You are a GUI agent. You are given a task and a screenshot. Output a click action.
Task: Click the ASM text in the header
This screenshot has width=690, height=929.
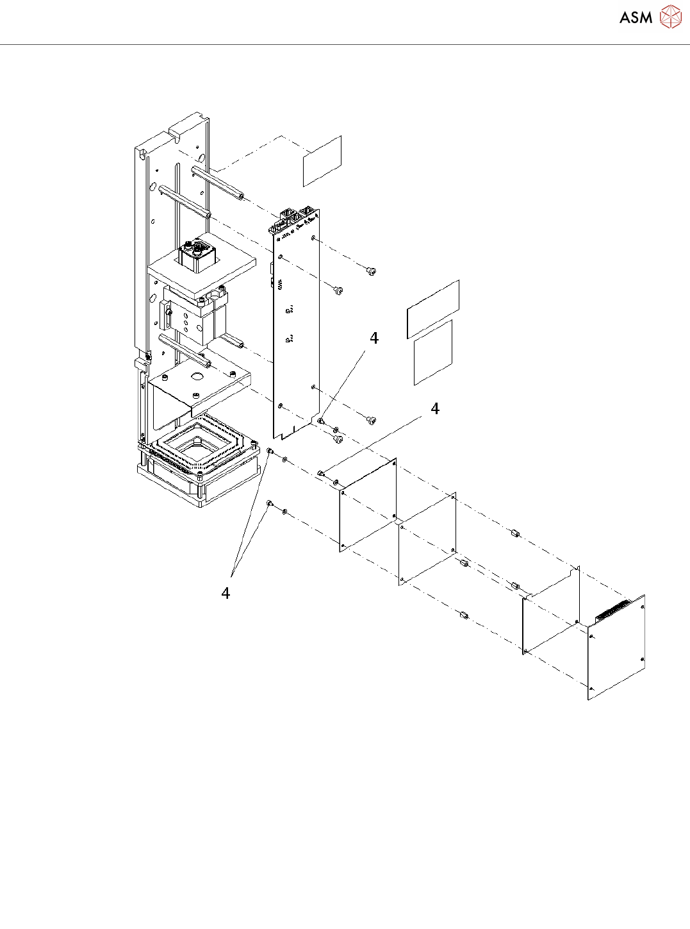[636, 17]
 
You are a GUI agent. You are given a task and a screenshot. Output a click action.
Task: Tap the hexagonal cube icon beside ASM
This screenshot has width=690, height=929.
[671, 17]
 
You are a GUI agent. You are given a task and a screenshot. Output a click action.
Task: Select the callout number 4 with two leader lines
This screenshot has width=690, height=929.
[226, 593]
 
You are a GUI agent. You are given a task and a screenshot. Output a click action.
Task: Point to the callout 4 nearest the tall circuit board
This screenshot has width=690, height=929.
[374, 338]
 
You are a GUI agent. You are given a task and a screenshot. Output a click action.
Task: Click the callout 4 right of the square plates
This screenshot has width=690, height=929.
[435, 408]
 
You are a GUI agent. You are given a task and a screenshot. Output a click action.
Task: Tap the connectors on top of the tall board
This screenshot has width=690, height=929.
[295, 218]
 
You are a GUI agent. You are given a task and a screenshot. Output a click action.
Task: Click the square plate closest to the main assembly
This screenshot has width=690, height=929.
[368, 505]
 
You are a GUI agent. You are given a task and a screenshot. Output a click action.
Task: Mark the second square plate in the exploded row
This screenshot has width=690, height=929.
[427, 539]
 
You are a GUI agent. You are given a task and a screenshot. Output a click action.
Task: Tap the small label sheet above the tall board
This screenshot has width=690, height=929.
[322, 161]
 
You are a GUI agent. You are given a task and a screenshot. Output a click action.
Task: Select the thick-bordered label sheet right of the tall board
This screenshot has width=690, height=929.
[433, 309]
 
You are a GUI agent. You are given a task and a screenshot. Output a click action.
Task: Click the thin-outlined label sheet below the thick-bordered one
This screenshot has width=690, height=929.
[433, 353]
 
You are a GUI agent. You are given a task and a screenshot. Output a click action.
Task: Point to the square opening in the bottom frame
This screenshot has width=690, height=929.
[198, 447]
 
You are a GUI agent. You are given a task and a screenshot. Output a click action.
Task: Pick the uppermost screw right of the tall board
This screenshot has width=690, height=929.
[372, 271]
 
